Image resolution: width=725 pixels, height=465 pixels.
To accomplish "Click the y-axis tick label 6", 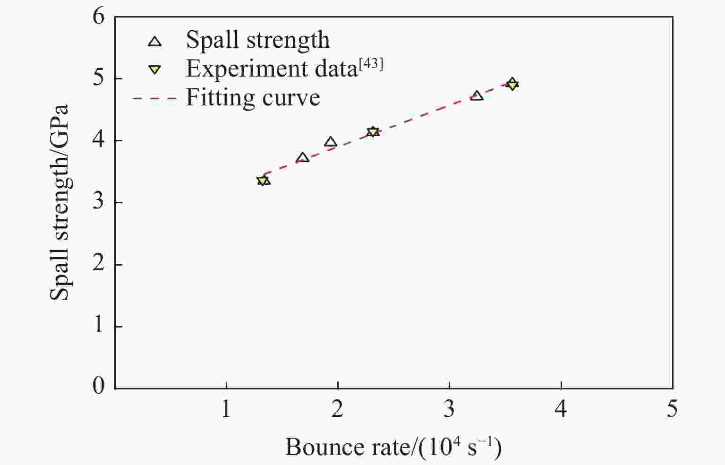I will point(99,17).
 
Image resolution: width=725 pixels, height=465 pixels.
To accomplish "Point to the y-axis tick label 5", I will point(99,79).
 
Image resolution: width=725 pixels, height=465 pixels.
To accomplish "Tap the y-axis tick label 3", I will point(99,203).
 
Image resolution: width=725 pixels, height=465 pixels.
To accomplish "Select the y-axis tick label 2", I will point(99,265).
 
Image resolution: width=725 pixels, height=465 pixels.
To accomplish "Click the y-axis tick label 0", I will point(99,387).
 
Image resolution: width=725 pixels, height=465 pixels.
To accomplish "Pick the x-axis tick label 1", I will point(226,409).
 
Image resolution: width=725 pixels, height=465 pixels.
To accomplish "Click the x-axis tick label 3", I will point(449,409).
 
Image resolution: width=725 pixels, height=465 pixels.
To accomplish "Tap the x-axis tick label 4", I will point(561,409).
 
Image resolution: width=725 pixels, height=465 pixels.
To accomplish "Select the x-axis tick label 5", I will point(672,409).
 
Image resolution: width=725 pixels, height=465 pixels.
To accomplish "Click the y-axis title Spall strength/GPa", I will point(60,202).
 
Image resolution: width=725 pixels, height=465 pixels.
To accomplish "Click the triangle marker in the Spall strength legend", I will point(155,42).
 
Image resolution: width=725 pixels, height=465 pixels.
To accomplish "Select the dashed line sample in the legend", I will point(154,98).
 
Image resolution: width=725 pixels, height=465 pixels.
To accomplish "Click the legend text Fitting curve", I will point(253,98).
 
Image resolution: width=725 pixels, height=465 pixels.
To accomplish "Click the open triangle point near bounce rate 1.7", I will point(303,157).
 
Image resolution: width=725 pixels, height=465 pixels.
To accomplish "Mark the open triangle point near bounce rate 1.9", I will point(331,142).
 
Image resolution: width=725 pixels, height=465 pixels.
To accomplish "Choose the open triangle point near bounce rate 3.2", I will point(477,95).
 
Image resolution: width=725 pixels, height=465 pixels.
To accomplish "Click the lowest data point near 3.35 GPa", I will point(263,181).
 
